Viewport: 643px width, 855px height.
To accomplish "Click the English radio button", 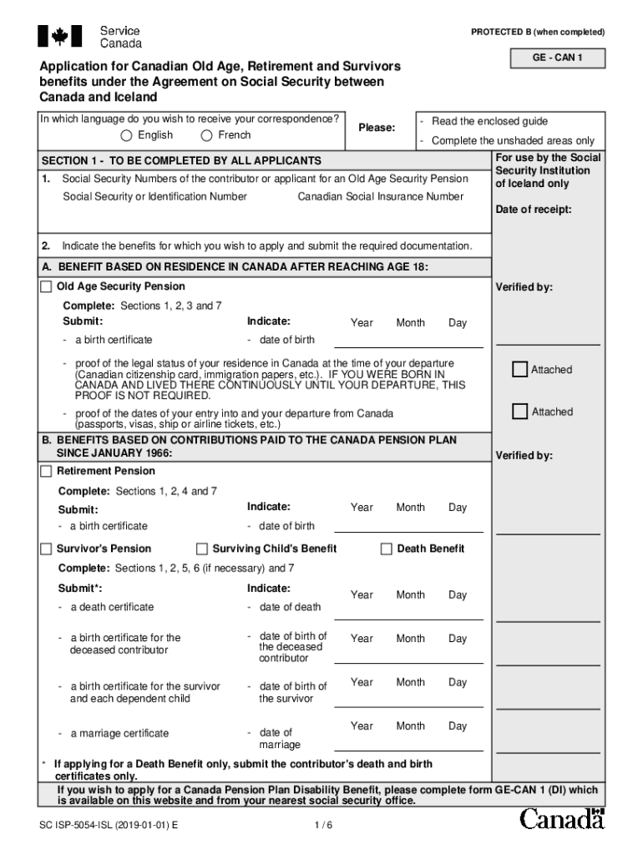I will tap(126, 136).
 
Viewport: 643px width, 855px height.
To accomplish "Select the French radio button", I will tap(206, 136).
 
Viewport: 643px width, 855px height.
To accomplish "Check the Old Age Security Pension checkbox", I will tap(47, 286).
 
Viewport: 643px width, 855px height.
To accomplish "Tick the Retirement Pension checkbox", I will tap(47, 472).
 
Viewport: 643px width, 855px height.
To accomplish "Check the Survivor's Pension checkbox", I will tap(47, 549).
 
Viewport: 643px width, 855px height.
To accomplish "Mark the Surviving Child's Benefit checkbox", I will tap(202, 549).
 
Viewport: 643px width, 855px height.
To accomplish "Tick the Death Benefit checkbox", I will tap(386, 549).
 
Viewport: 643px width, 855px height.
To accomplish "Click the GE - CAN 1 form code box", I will tap(557, 58).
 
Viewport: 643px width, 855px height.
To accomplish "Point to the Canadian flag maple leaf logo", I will tap(59, 36).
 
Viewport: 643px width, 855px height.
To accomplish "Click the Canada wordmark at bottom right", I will tap(562, 820).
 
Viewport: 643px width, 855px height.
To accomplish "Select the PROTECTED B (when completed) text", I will tap(538, 32).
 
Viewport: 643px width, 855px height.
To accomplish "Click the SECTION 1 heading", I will tap(181, 160).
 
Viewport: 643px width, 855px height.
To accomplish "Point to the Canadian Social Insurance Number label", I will tap(380, 196).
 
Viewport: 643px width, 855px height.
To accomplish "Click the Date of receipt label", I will tap(534, 210).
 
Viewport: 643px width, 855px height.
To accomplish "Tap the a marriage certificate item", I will tap(119, 733).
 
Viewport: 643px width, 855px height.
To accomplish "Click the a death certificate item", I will tap(112, 607).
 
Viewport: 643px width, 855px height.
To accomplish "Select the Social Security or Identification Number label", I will tap(154, 196).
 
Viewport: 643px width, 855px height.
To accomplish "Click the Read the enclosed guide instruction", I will tap(489, 121).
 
